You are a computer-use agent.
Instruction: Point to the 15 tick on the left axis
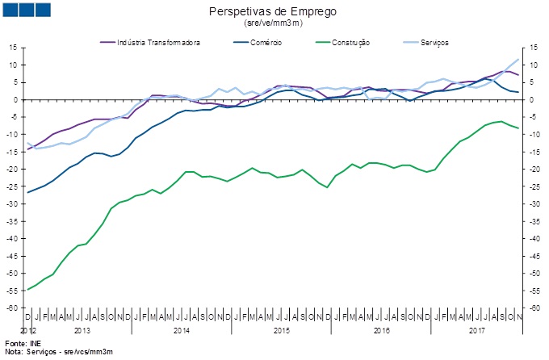[14, 48]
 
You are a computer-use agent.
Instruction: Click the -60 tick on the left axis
[11, 308]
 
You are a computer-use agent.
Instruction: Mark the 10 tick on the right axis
[534, 65]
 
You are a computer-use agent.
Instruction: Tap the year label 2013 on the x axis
[81, 331]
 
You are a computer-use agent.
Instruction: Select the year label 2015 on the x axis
[281, 331]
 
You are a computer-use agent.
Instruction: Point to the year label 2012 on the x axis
[28, 331]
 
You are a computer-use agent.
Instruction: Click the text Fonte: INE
[21, 345]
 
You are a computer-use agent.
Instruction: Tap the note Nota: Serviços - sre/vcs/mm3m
[58, 353]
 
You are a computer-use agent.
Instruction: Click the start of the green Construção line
[28, 290]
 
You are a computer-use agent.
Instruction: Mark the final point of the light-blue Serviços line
[518, 59]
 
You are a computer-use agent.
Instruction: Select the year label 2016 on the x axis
[381, 331]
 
